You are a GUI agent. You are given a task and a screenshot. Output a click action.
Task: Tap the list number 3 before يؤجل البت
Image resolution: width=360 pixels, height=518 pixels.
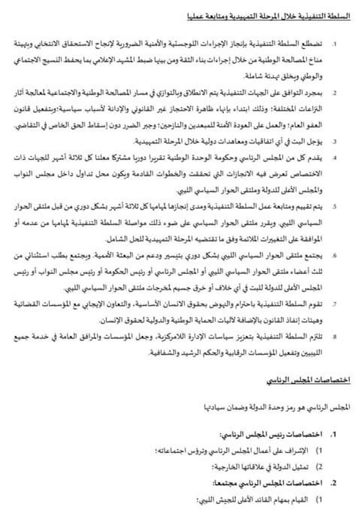[x=334, y=141]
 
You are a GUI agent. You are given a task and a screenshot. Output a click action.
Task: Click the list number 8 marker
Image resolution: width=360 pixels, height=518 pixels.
[x=334, y=337]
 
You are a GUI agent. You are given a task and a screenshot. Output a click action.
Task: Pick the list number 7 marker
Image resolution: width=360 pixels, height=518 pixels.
[x=334, y=304]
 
